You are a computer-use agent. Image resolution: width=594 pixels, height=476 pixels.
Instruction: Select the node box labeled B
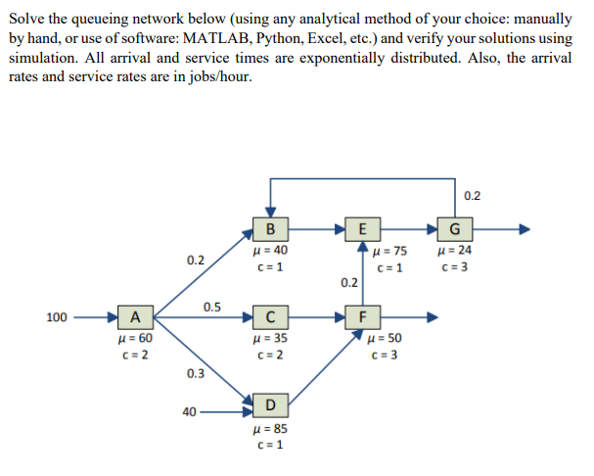pyautogui.click(x=271, y=230)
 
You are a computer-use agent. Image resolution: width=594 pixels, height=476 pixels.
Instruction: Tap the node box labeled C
pyautogui.click(x=270, y=316)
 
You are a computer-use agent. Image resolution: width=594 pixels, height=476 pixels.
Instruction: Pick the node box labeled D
pyautogui.click(x=271, y=405)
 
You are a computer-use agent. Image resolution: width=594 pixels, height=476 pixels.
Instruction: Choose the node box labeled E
pyautogui.click(x=363, y=230)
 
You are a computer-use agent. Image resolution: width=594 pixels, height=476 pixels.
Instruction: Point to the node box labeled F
pyautogui.click(x=363, y=316)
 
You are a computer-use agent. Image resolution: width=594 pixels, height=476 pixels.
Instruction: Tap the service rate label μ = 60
pyautogui.click(x=133, y=338)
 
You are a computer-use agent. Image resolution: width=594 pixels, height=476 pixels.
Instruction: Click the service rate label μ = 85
pyautogui.click(x=270, y=429)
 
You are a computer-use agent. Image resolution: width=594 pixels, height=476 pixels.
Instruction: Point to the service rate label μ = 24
pyautogui.click(x=453, y=252)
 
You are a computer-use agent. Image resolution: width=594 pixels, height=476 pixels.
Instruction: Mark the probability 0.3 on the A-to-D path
pyautogui.click(x=196, y=373)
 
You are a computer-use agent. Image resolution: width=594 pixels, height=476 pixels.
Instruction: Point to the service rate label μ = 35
pyautogui.click(x=270, y=338)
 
